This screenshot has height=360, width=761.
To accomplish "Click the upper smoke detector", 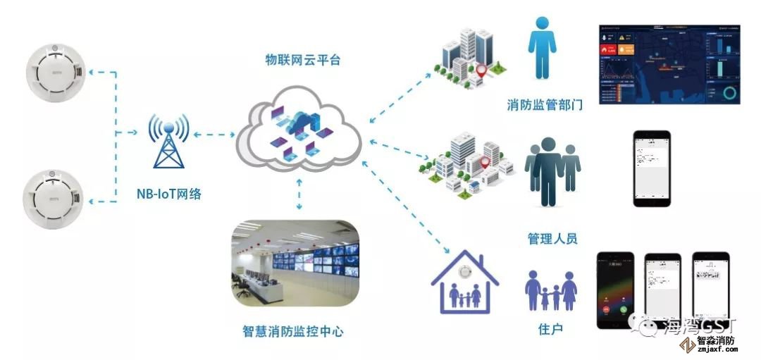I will tap(54, 73).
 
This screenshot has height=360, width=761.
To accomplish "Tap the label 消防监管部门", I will tap(545, 106).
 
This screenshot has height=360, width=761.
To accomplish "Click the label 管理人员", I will tap(552, 239).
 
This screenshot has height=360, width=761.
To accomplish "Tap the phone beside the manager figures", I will tap(652, 169).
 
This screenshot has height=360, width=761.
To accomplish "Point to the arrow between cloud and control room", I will tap(301, 194).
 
